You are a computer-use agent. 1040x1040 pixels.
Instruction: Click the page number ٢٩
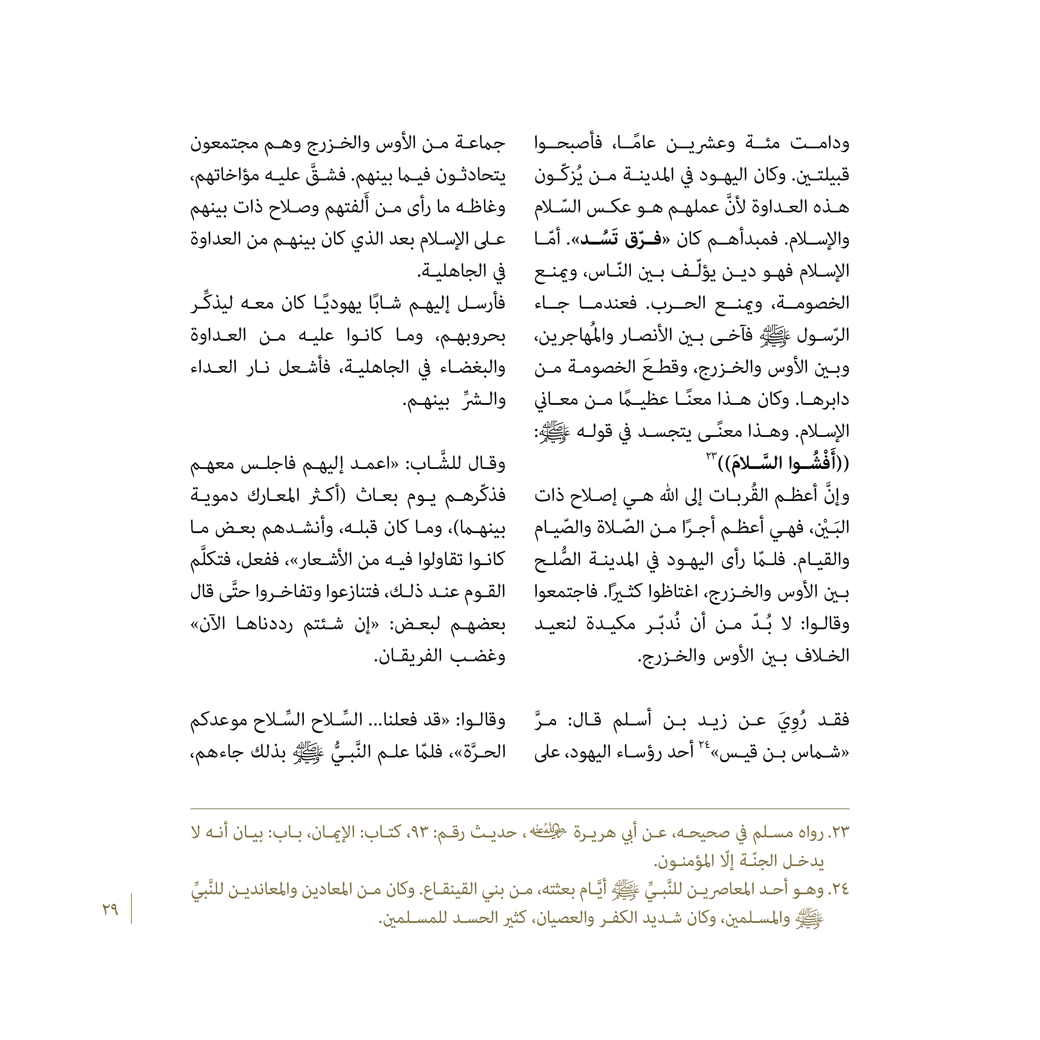click(110, 910)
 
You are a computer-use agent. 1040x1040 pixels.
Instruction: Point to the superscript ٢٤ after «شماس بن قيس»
click(704, 745)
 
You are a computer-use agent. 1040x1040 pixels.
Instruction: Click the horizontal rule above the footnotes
click(519, 808)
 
